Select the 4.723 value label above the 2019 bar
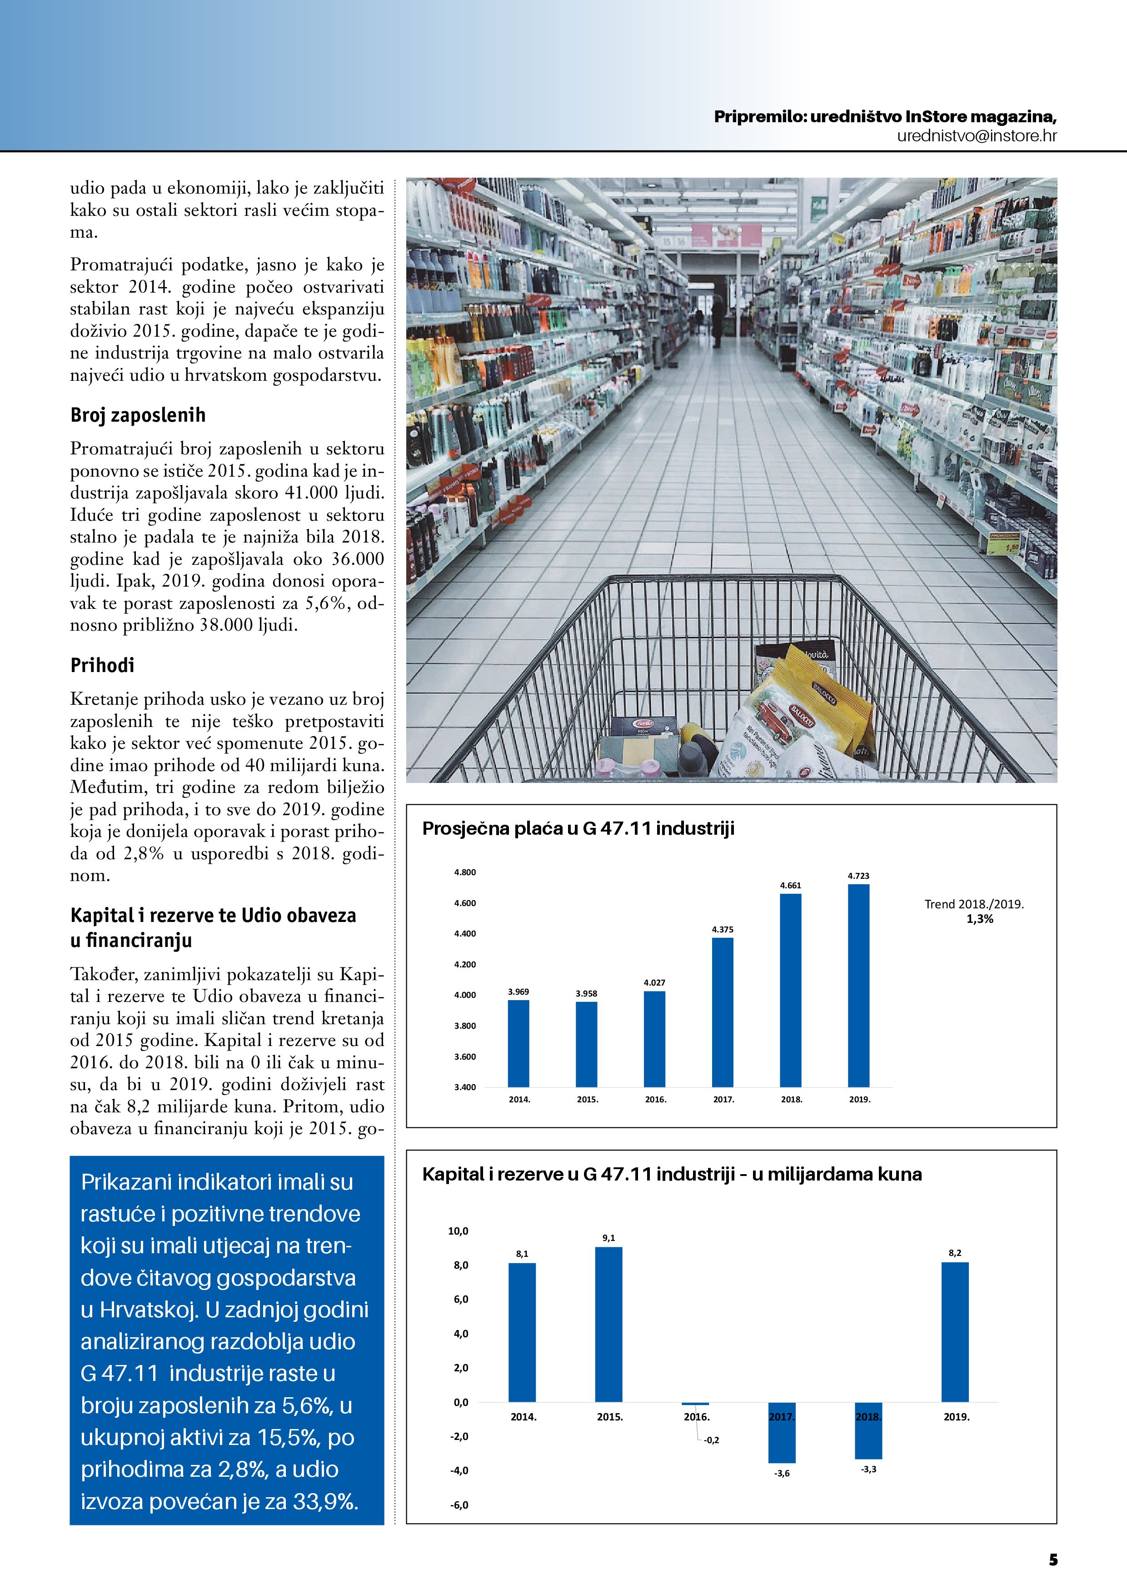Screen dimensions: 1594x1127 [858, 876]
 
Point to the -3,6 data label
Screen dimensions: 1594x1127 [782, 1473]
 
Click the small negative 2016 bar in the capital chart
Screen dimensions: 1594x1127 [695, 1404]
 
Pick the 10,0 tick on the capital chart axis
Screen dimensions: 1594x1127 [459, 1231]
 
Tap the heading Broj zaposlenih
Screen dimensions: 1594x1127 [138, 415]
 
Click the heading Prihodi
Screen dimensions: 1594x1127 [102, 665]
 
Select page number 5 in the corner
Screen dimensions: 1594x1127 [1053, 1560]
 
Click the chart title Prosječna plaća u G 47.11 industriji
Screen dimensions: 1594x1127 [578, 828]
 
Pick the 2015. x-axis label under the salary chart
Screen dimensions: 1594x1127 [588, 1099]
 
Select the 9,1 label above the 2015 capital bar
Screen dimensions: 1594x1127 [608, 1238]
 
